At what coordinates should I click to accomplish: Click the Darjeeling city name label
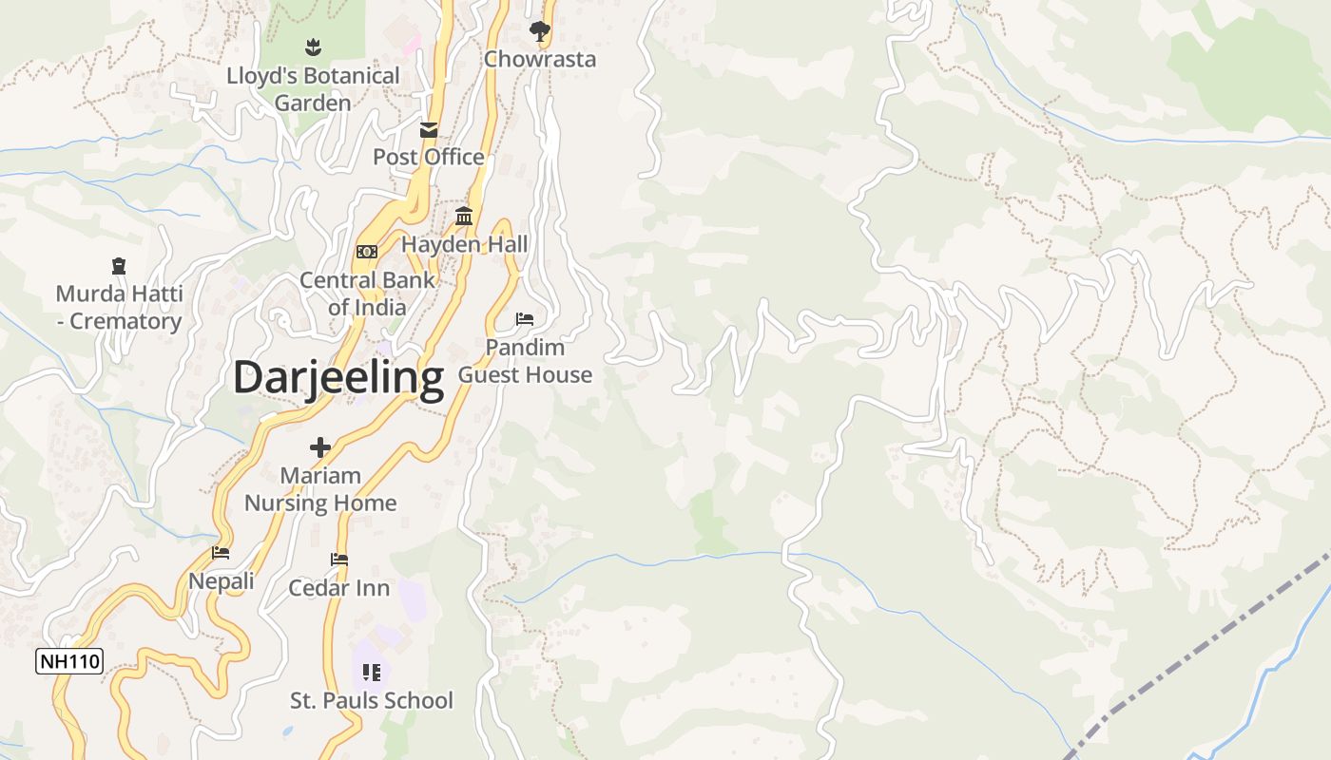click(x=338, y=377)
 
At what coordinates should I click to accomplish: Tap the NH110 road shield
click(x=69, y=661)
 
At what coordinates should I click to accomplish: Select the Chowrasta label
click(x=540, y=59)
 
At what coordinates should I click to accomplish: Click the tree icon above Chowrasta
click(x=540, y=31)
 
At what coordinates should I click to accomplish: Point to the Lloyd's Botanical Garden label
click(x=313, y=88)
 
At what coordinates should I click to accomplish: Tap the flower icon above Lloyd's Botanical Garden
click(x=313, y=46)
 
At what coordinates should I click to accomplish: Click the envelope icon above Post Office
click(x=429, y=130)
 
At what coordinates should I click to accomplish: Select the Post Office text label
click(x=428, y=157)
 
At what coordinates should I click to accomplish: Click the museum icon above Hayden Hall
click(x=464, y=217)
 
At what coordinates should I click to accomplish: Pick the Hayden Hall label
click(x=464, y=244)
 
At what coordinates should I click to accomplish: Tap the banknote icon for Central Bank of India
click(x=367, y=252)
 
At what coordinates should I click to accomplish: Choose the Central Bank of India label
click(x=367, y=294)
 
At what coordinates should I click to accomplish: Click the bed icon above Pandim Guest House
click(x=525, y=318)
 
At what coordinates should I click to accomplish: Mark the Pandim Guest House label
click(x=525, y=361)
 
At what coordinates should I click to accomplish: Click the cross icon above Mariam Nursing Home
click(x=320, y=447)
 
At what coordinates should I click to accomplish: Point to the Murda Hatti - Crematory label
click(x=119, y=307)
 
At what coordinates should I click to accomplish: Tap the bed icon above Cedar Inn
click(x=339, y=560)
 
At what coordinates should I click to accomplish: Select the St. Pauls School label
click(x=372, y=701)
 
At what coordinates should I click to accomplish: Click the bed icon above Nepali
click(x=221, y=553)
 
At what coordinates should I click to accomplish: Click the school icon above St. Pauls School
click(x=372, y=673)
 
